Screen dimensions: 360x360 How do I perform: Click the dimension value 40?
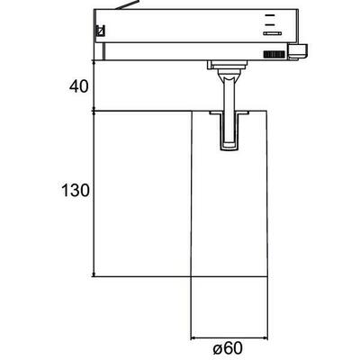(x=79, y=88)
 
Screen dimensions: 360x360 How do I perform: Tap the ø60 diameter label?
(x=231, y=347)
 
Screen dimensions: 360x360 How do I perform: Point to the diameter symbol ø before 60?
(x=218, y=347)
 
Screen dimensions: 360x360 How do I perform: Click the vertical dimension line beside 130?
(x=94, y=193)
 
